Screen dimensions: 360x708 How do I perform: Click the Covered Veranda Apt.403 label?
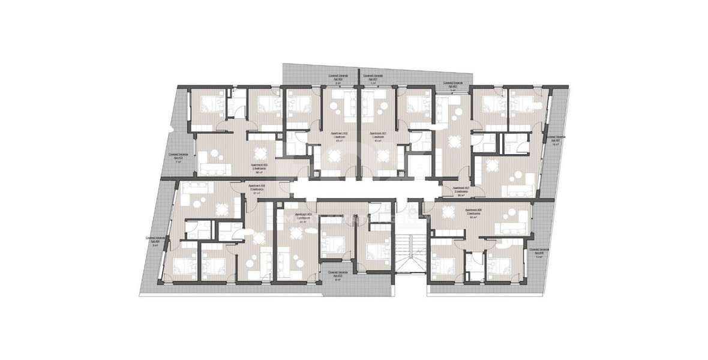point(178,158)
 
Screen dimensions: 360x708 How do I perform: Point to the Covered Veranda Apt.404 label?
point(154,241)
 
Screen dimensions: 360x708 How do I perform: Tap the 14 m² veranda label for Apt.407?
point(553,141)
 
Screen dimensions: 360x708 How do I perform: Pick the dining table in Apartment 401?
point(382,158)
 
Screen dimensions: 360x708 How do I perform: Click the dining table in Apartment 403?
point(259,154)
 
